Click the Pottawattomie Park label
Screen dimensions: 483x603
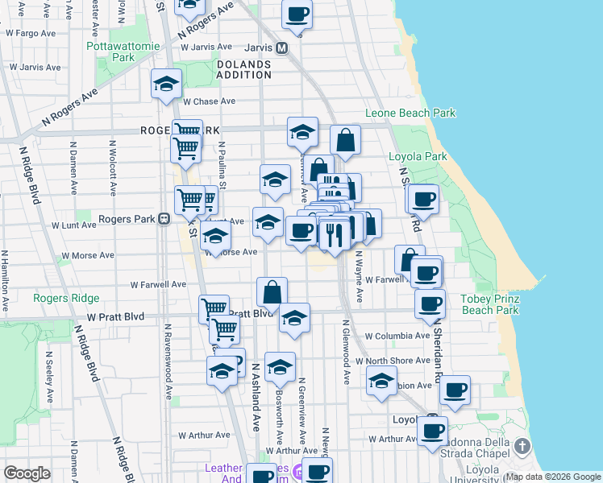[111, 52]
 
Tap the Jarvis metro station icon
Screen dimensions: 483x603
[282, 47]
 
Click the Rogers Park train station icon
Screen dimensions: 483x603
[163, 218]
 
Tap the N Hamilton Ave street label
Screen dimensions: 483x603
[5, 281]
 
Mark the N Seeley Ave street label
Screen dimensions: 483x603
[49, 376]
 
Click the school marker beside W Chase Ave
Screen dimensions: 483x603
[166, 83]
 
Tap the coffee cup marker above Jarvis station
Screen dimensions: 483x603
[297, 14]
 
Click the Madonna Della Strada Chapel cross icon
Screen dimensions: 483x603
[522, 446]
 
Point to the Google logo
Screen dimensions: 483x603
[27, 473]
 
